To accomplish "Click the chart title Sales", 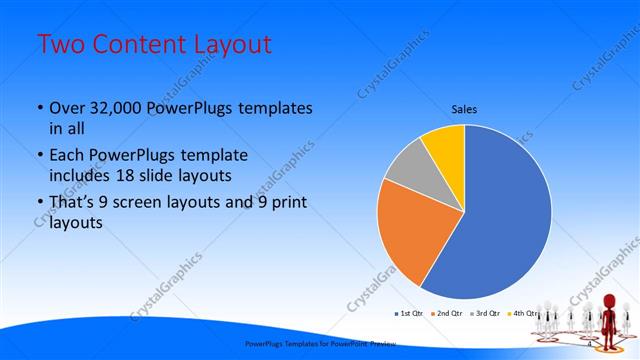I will [463, 109].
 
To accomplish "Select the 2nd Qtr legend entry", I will [446, 314].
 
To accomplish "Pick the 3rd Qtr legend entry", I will [485, 314].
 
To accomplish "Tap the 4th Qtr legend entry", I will [523, 314].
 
